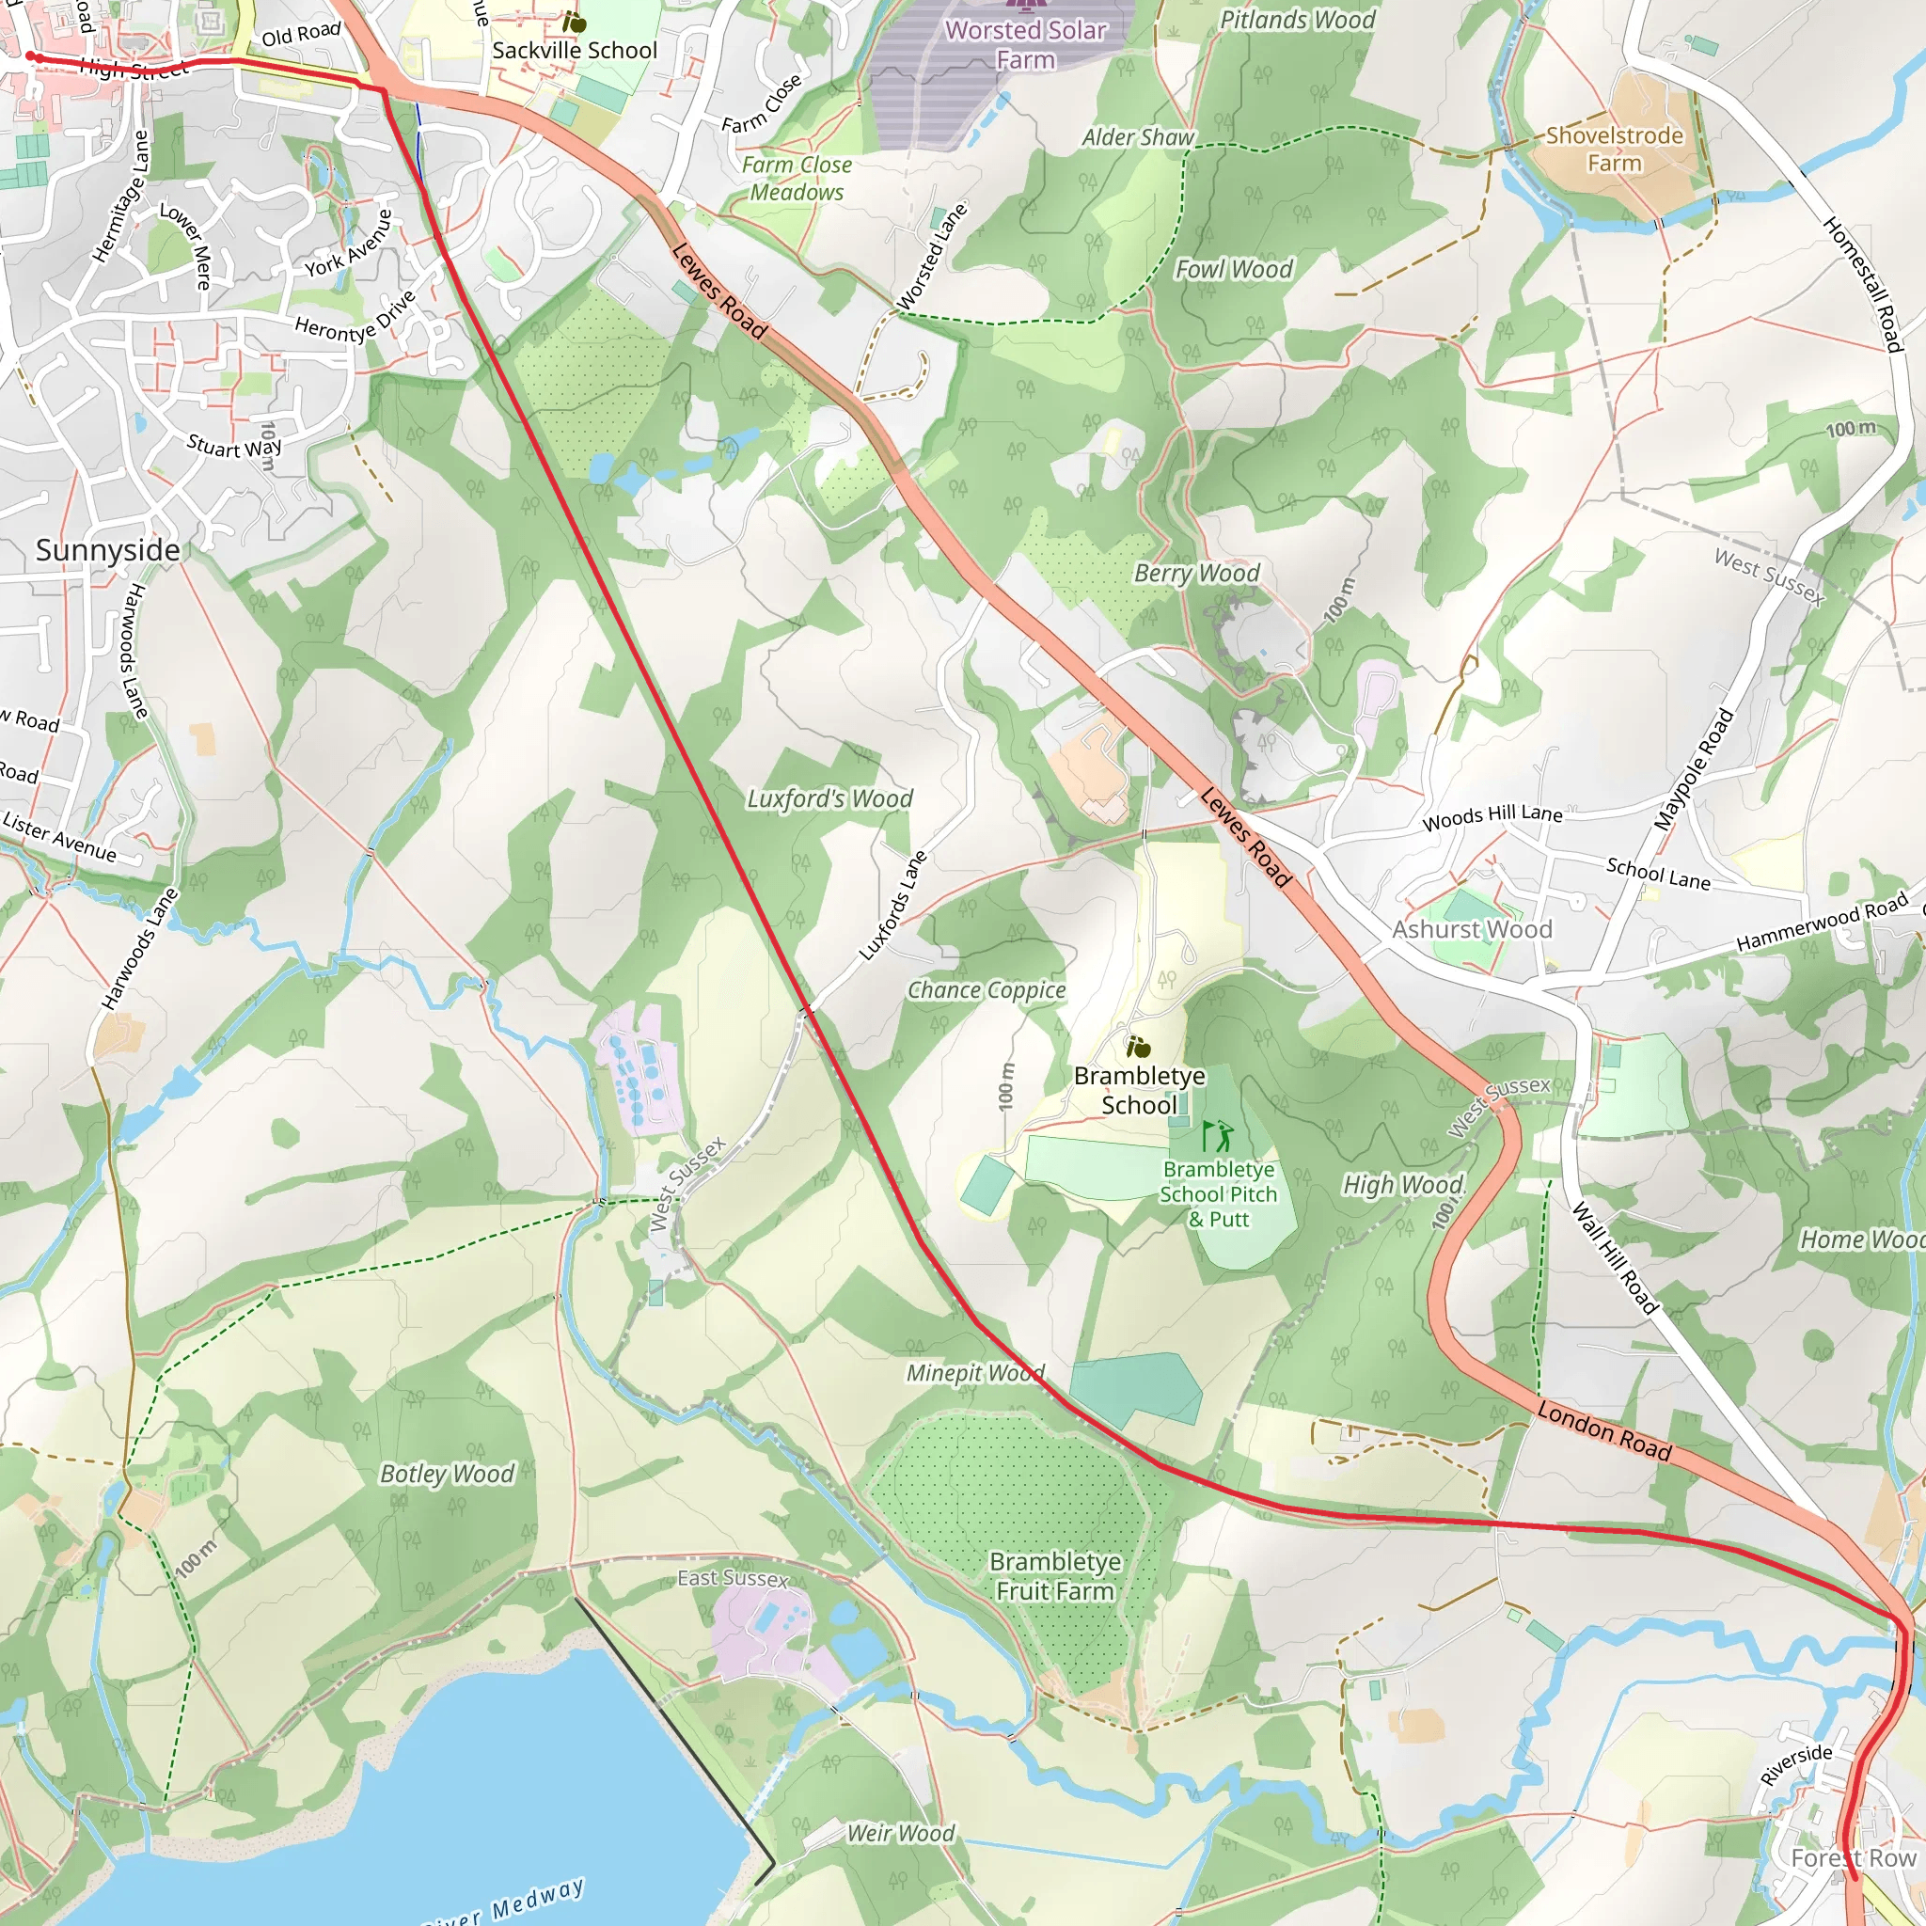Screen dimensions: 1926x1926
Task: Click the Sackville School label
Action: (x=575, y=50)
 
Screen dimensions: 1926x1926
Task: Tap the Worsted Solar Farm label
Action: (x=1025, y=45)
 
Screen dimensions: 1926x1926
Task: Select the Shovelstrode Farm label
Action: (x=1614, y=149)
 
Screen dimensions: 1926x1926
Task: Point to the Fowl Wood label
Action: (x=1233, y=269)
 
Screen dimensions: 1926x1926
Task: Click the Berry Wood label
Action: (x=1196, y=574)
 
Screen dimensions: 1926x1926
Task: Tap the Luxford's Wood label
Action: (x=829, y=798)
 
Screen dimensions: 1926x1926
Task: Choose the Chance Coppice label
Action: (x=986, y=990)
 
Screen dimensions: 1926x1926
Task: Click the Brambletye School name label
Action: (x=1140, y=1090)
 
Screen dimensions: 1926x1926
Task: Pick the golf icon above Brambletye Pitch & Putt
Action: (x=1216, y=1135)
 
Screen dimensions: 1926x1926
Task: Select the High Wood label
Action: (x=1402, y=1184)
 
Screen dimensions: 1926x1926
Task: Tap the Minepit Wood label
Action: (x=975, y=1373)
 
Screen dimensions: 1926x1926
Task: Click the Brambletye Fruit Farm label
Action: (x=1055, y=1575)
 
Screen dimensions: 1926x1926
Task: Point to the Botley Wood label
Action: (x=447, y=1474)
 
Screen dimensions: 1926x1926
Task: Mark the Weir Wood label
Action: (x=900, y=1832)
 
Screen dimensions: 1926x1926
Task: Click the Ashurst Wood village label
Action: (x=1472, y=929)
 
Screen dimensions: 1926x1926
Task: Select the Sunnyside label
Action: (x=107, y=550)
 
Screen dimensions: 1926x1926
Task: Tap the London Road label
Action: (x=1603, y=1430)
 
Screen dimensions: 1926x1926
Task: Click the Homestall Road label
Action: (x=1862, y=284)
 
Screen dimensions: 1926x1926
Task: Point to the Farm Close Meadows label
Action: (x=797, y=179)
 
